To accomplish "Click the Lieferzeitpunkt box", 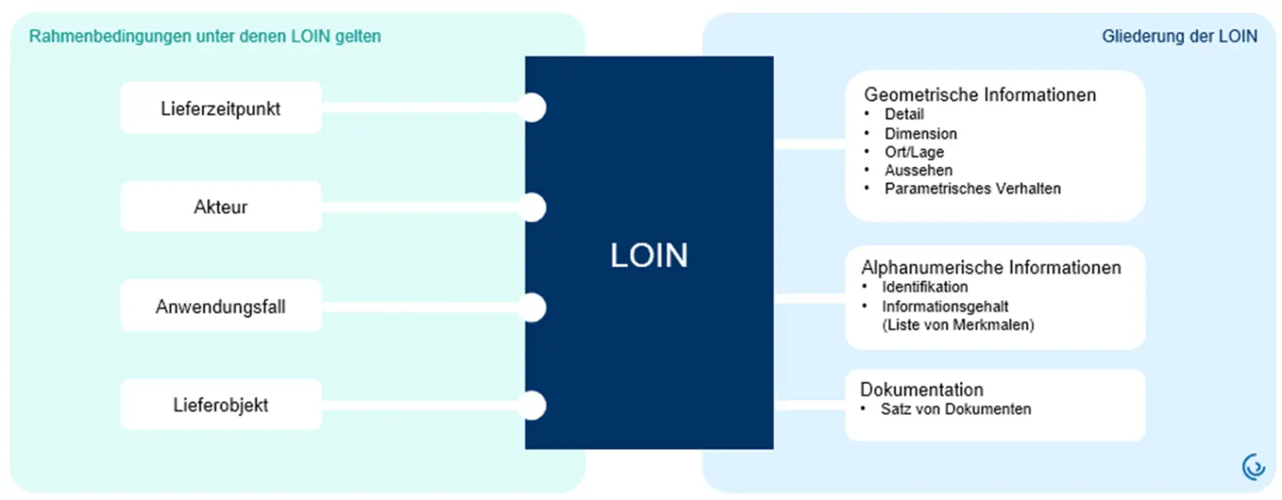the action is [221, 108].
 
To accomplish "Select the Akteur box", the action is [221, 206].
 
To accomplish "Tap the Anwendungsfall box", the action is [221, 306].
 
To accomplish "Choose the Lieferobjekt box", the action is [221, 405].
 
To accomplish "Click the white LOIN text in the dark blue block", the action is [649, 255].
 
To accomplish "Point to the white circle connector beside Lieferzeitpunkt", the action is [532, 108].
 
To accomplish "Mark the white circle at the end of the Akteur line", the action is [532, 207].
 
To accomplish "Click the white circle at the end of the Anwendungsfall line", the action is [532, 307].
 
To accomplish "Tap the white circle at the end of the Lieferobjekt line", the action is [532, 405].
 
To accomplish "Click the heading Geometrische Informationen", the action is [980, 95].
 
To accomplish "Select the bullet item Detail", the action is [904, 114].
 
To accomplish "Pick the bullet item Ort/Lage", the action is [914, 152].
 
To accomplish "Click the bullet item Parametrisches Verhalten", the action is [972, 189].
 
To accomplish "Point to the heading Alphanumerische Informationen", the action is [991, 268].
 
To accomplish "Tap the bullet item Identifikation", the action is [925, 287].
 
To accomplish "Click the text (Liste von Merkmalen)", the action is [958, 325].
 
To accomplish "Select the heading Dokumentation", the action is [921, 390].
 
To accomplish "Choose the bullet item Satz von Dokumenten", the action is [956, 409].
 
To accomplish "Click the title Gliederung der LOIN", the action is [1179, 36].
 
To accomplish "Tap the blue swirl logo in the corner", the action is [1253, 467].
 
